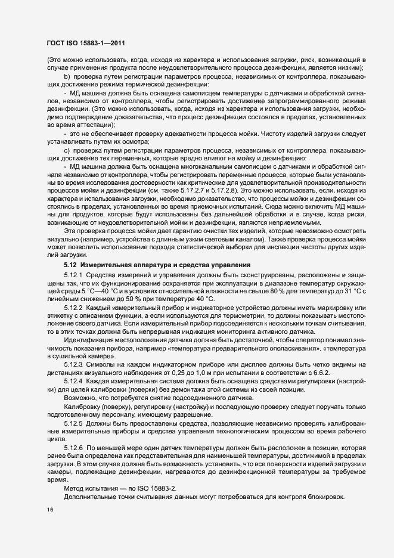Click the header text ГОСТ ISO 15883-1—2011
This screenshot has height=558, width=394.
85,43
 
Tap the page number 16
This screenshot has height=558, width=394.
49,510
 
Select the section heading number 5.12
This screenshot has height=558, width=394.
71,264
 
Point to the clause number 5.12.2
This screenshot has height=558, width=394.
75,307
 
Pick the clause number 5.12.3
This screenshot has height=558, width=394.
75,363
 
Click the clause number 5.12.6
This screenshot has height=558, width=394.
75,447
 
